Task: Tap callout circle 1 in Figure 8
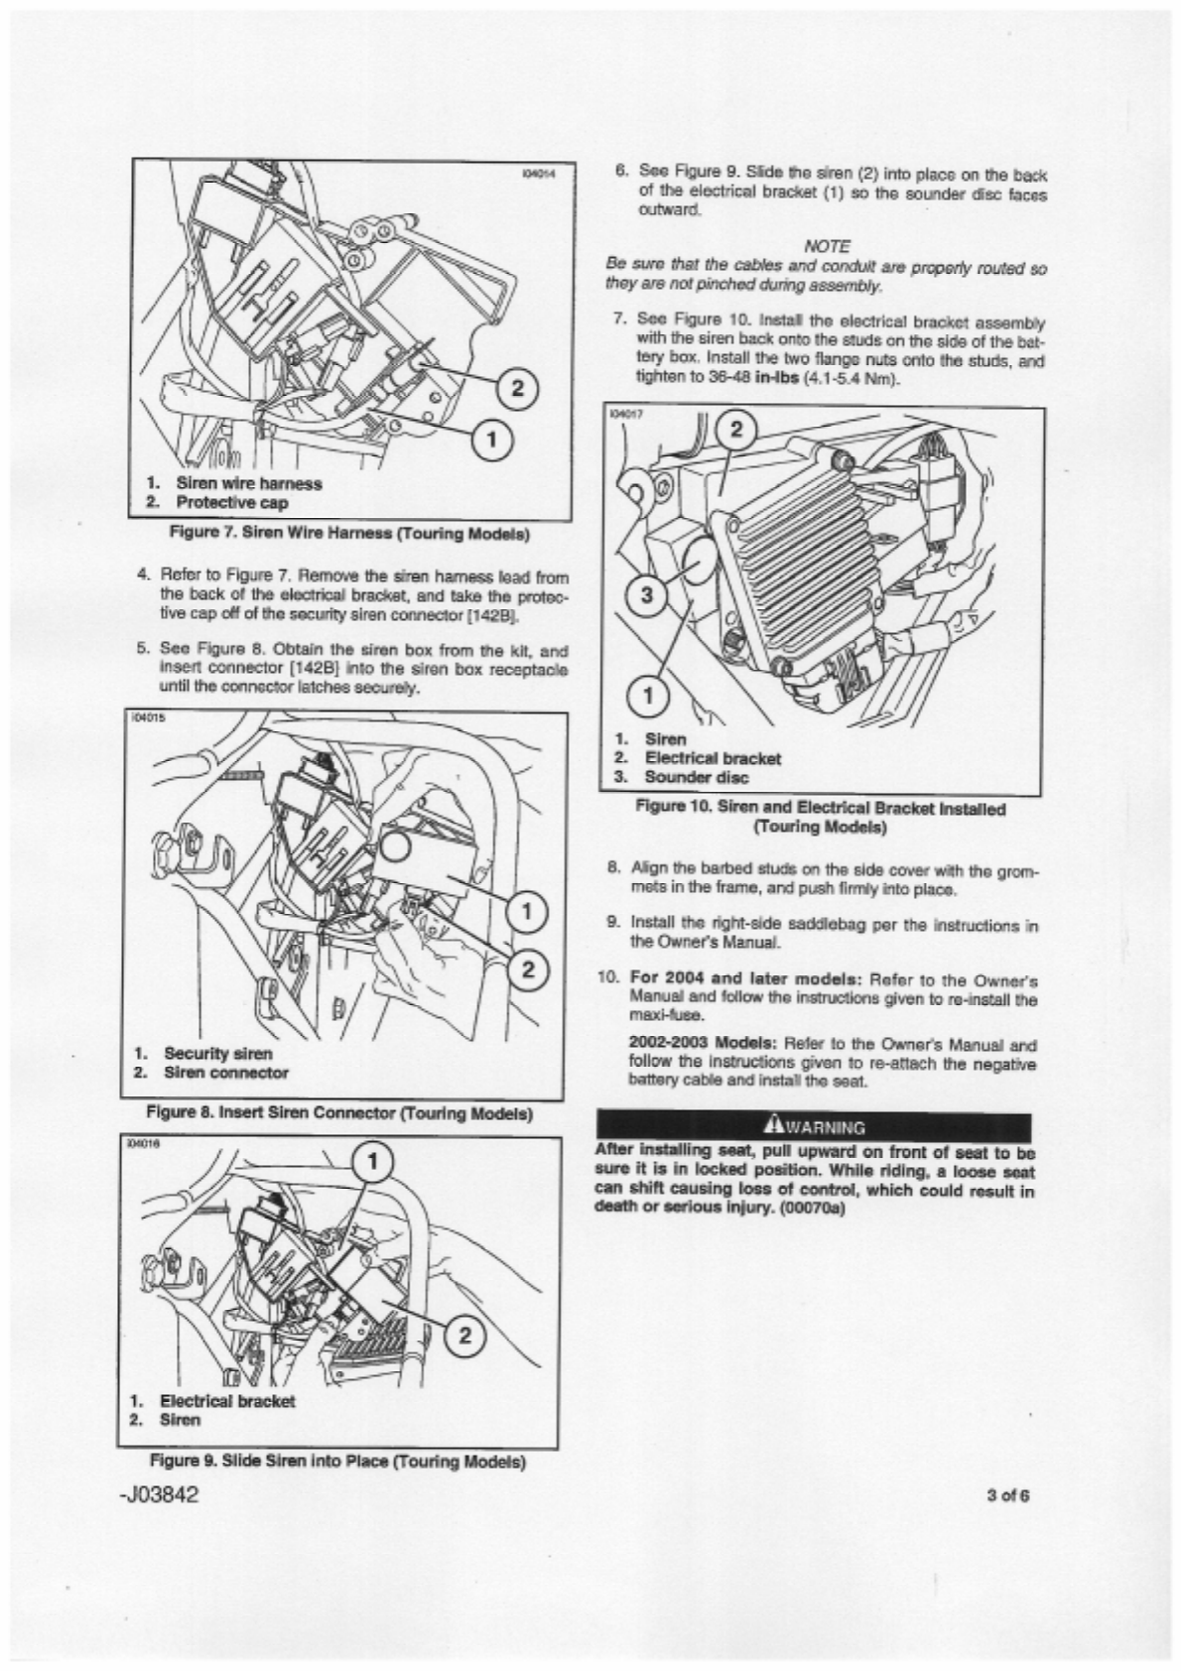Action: (527, 912)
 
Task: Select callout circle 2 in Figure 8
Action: (527, 969)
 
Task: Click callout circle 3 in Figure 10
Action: (648, 594)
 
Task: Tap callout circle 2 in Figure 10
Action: (737, 430)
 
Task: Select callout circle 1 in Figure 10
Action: (648, 696)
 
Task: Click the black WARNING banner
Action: (815, 1126)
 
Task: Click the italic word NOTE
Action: (827, 246)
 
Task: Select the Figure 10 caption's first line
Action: (820, 809)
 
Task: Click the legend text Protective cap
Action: (232, 502)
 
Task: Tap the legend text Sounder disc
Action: (697, 777)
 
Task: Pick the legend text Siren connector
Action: (226, 1073)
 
